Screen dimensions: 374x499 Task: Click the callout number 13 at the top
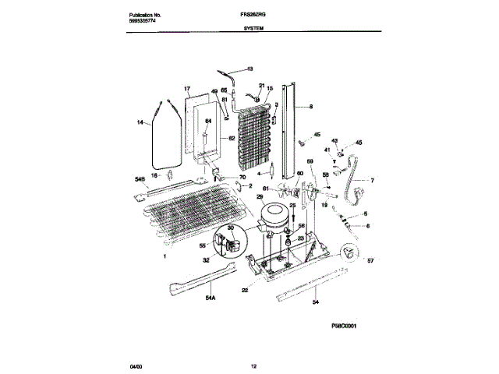250,69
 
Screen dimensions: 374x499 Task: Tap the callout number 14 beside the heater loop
141,123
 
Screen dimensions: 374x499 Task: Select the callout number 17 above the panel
187,89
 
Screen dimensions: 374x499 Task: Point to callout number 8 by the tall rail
310,107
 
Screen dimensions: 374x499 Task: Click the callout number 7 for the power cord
372,181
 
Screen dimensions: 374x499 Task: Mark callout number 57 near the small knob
371,262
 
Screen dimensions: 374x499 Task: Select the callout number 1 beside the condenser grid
164,256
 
